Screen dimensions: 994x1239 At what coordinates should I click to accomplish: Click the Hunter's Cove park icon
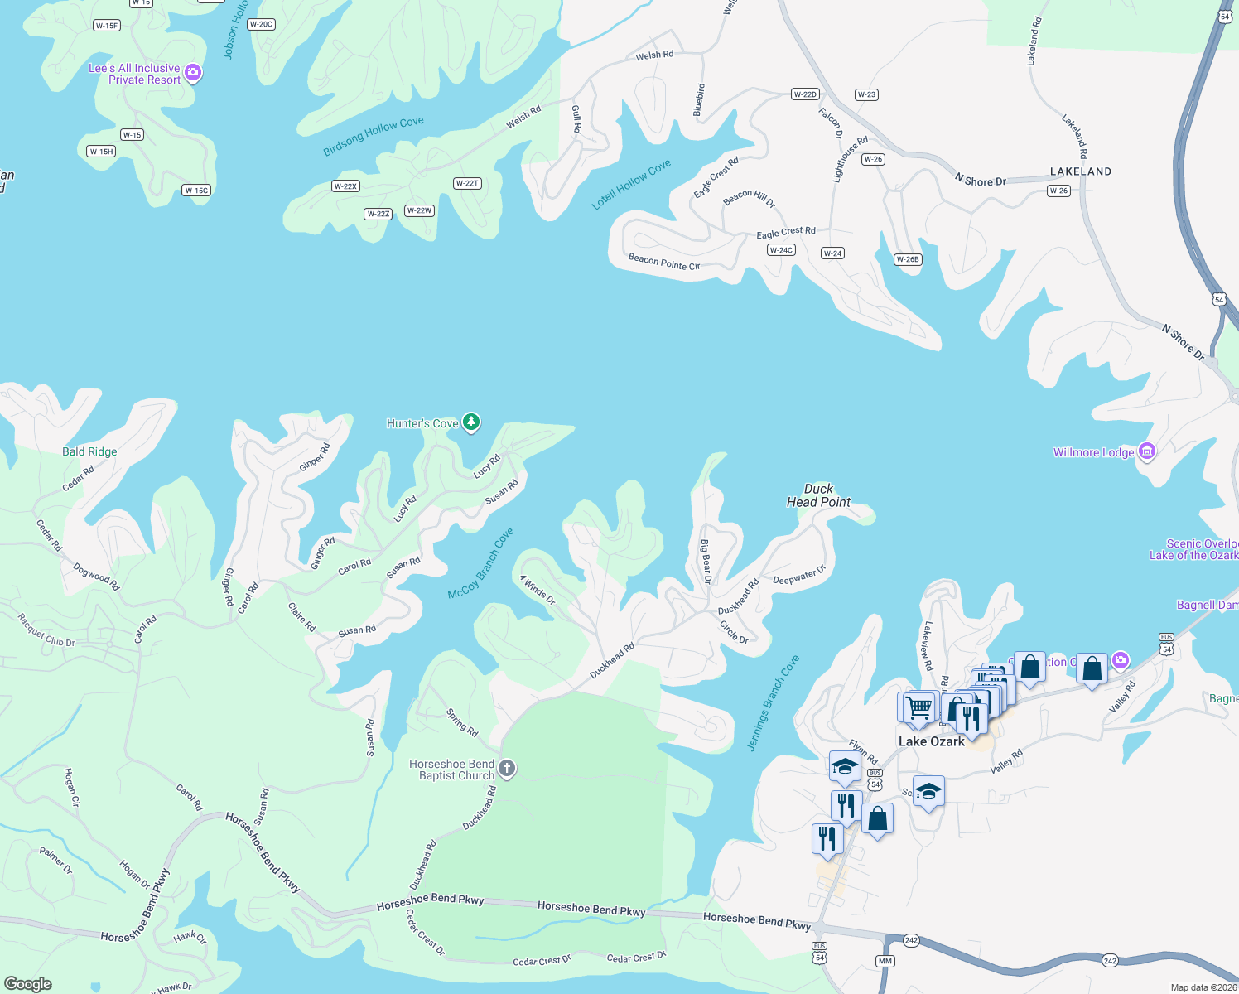470,422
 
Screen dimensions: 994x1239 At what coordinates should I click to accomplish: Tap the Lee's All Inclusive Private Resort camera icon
193,73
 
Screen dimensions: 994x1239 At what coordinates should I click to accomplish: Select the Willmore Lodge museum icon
1147,451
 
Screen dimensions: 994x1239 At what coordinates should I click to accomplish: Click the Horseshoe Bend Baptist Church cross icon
507,770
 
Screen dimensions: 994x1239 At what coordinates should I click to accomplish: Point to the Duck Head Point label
818,495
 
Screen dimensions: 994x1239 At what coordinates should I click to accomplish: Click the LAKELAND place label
1081,171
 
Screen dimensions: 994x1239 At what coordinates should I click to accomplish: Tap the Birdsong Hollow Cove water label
374,136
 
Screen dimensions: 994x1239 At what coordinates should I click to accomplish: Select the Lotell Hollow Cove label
631,184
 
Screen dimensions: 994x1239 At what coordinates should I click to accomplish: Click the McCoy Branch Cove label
481,563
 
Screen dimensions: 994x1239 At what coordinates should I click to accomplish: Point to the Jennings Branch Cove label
774,703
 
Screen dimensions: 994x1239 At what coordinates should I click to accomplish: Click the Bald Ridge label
89,451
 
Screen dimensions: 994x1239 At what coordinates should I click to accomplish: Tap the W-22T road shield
467,183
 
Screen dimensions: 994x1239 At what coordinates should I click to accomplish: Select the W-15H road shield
101,152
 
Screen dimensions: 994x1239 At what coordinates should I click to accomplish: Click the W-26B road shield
908,259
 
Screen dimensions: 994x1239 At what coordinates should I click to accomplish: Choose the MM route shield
885,961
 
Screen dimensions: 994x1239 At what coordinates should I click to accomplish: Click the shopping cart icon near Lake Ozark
918,707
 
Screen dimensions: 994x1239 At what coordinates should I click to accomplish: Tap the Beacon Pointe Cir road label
664,263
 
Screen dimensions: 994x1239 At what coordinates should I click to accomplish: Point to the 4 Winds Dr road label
538,589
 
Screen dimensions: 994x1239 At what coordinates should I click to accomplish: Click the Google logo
27,983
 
